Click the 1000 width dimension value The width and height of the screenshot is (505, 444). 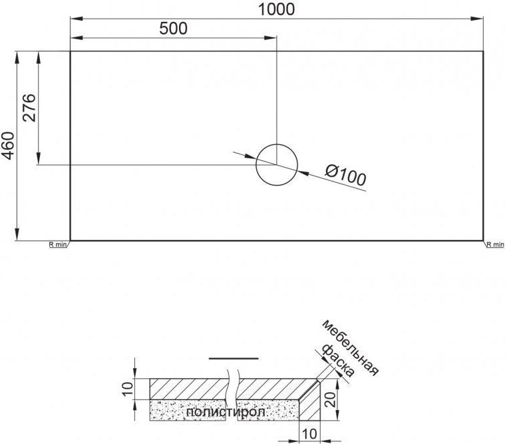pyautogui.click(x=276, y=9)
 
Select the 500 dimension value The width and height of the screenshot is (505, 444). pyautogui.click(x=173, y=29)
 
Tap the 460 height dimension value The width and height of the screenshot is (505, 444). pyautogui.click(x=9, y=146)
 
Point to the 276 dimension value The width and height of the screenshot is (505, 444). pyautogui.click(x=29, y=108)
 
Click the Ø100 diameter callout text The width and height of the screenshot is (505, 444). pyautogui.click(x=345, y=175)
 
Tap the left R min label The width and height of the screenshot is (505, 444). pyautogui.click(x=57, y=245)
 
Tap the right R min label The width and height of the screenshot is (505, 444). pyautogui.click(x=495, y=245)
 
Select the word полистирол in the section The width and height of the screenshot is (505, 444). pyautogui.click(x=226, y=412)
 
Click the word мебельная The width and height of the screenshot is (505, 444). pyautogui.click(x=350, y=348)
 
